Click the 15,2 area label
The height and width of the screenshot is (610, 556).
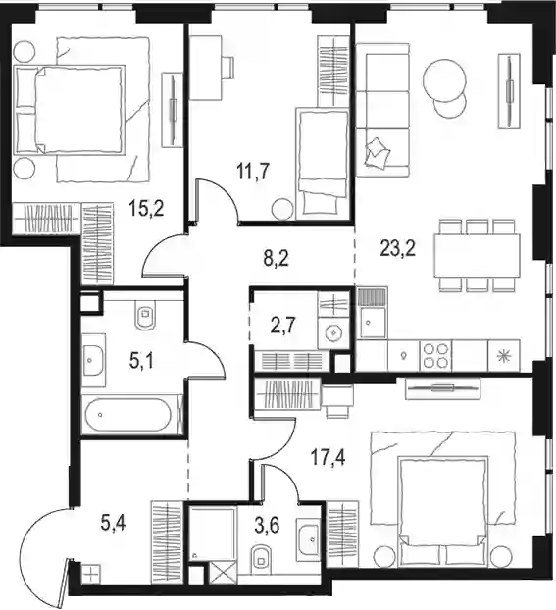click(147, 209)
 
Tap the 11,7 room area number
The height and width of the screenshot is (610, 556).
click(253, 172)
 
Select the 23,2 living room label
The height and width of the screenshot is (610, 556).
click(398, 248)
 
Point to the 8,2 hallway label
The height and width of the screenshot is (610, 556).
click(276, 258)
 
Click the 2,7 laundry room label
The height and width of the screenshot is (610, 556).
click(282, 325)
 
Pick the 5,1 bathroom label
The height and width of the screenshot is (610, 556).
click(141, 361)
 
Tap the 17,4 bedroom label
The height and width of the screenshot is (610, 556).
click(328, 457)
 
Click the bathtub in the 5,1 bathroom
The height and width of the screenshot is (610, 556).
click(127, 414)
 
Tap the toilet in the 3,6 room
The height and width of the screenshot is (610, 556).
click(261, 559)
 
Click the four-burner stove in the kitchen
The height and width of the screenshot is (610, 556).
click(435, 356)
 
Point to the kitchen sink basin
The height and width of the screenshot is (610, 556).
click(374, 322)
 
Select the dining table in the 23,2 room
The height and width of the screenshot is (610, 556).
click(477, 255)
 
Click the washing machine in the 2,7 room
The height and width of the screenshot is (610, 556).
click(333, 332)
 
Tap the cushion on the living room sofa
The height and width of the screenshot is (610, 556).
click(377, 151)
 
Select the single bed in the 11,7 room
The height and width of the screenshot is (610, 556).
click(322, 163)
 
